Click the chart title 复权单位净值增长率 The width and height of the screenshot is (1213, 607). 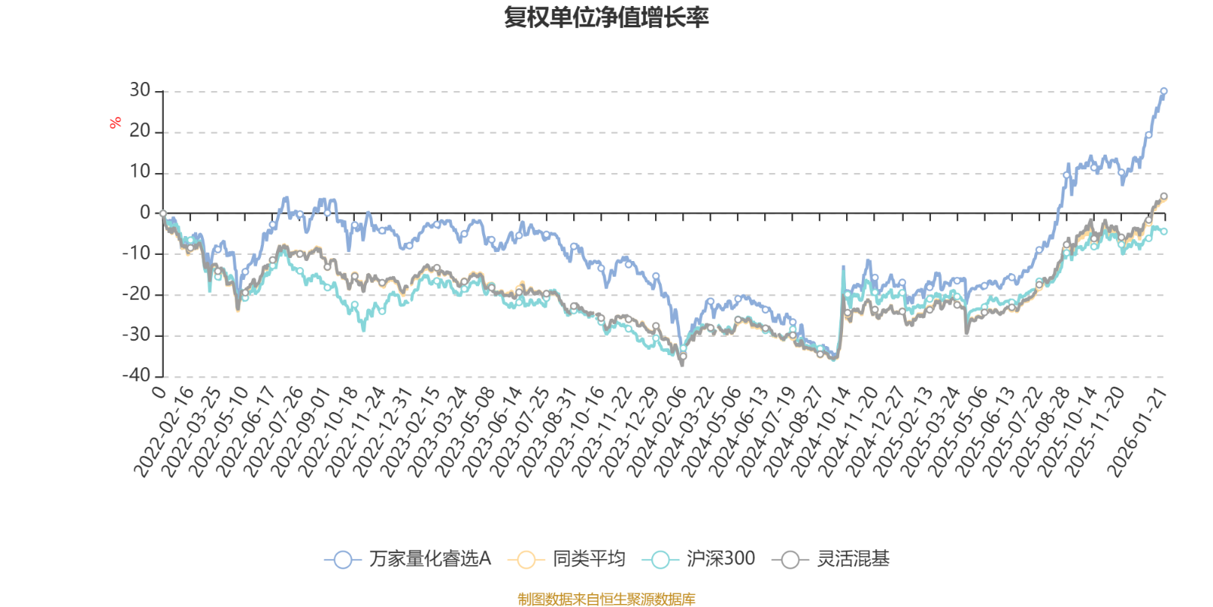[606, 17]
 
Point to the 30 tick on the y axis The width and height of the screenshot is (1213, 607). [139, 91]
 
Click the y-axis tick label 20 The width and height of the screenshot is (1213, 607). [139, 132]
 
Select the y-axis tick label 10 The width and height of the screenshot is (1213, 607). [139, 172]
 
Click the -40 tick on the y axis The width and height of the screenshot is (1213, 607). [136, 376]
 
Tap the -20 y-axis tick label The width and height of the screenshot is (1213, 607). [136, 294]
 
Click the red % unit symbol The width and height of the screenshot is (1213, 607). [115, 122]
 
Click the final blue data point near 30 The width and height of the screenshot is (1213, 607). [1164, 91]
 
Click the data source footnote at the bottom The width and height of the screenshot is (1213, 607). [606, 599]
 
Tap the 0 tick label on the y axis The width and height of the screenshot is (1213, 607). [145, 213]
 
